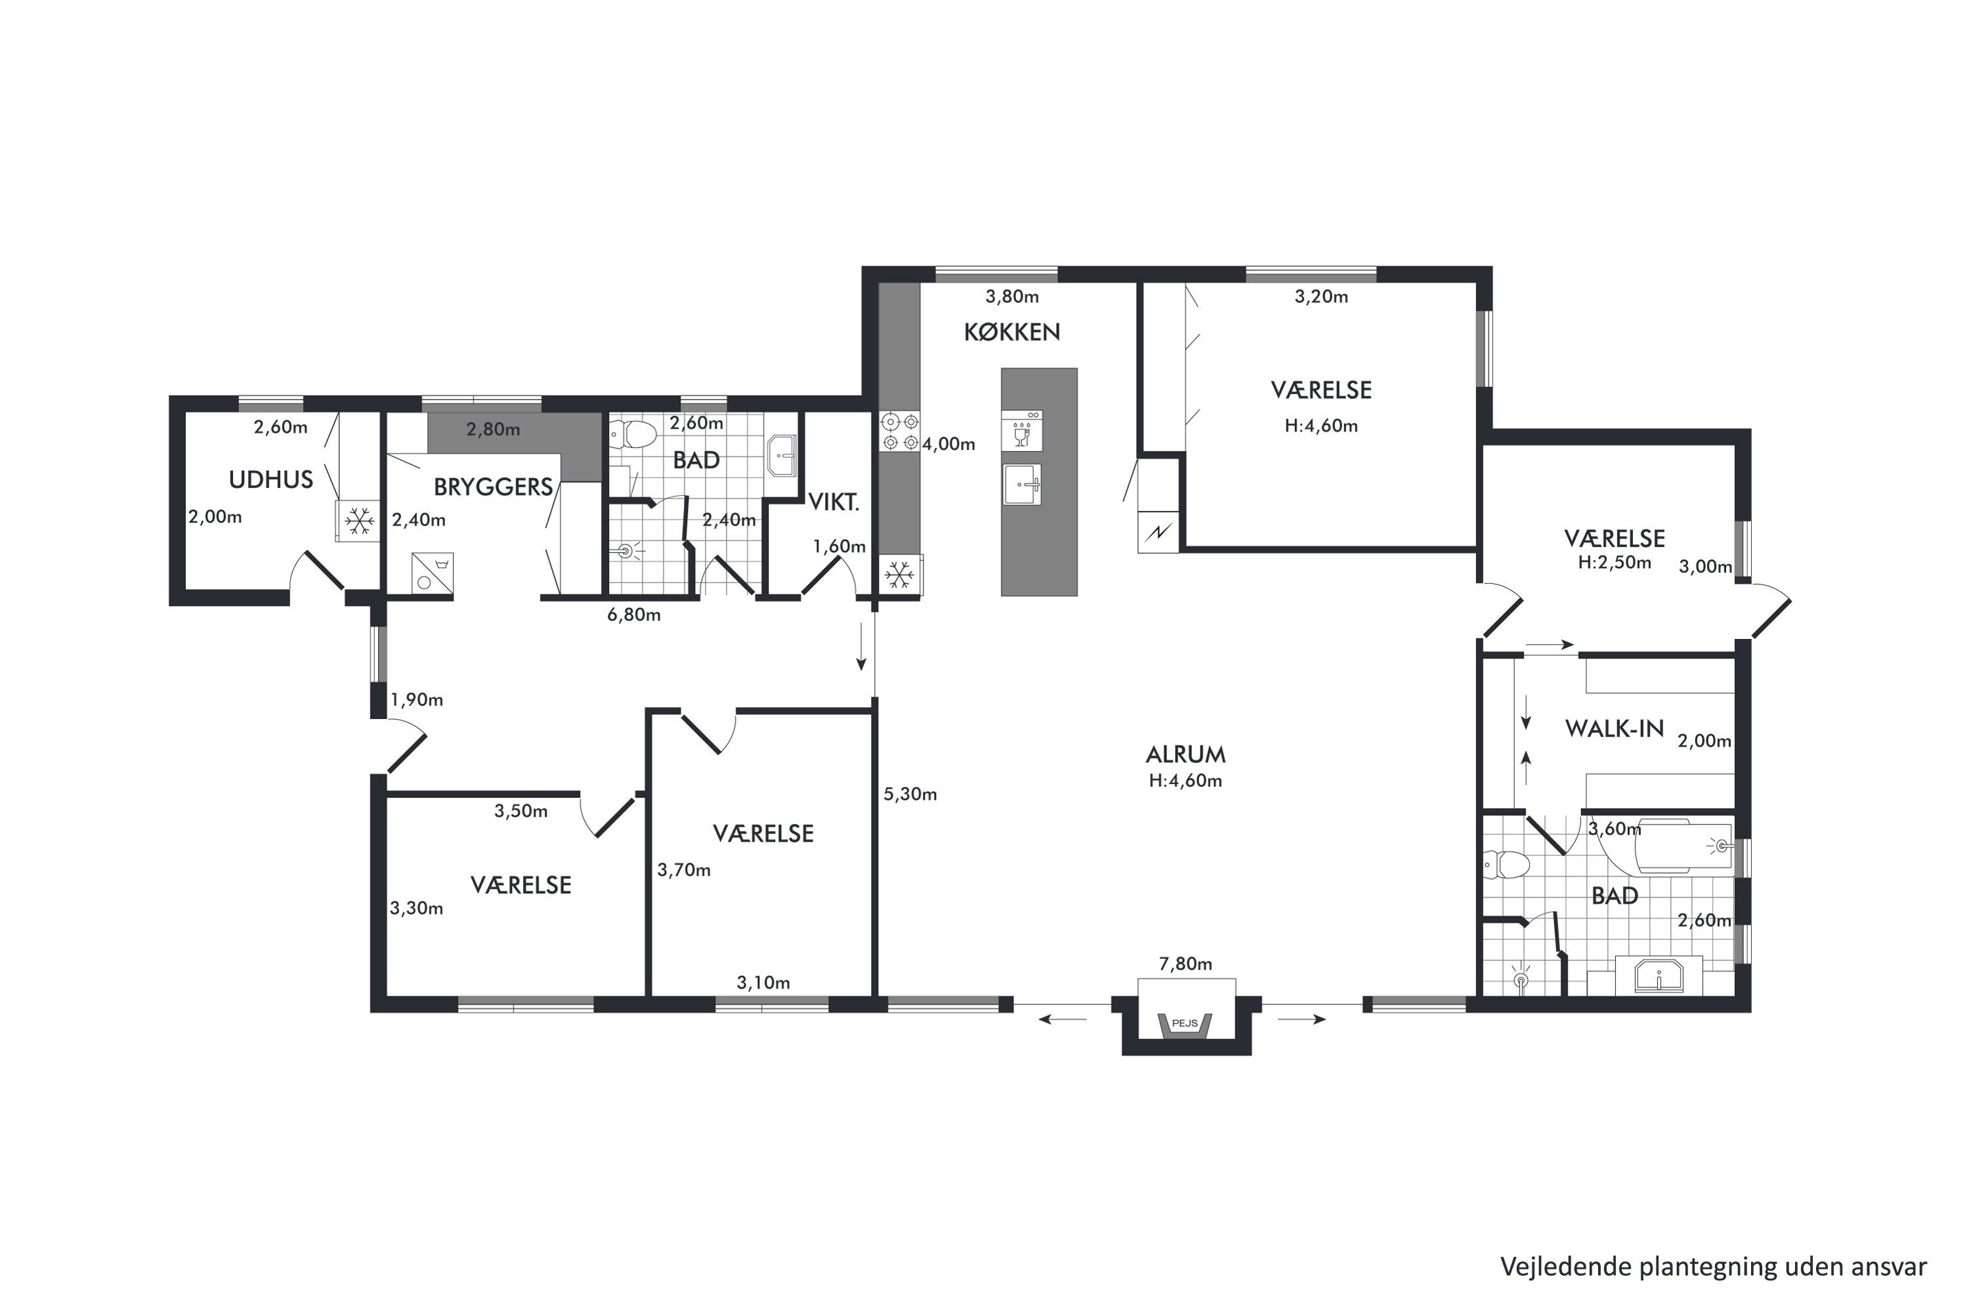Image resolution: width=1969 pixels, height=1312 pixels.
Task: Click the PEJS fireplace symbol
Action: point(1185,1023)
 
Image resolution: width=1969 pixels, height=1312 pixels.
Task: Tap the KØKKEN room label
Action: point(1012,332)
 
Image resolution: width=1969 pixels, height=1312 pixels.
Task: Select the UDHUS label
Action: point(271,480)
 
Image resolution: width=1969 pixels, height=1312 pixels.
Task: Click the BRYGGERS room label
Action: point(493,487)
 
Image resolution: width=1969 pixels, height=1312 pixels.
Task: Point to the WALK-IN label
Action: point(1615,729)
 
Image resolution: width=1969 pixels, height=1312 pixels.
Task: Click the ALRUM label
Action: point(1185,755)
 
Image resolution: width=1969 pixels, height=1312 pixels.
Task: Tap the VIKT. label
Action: point(834,502)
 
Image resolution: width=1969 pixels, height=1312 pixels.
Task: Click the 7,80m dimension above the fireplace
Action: point(1185,964)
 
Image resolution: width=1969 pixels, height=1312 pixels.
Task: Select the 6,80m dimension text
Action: point(634,615)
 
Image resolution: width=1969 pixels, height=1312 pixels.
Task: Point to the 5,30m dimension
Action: point(910,794)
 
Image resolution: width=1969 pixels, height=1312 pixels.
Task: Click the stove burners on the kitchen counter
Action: point(900,432)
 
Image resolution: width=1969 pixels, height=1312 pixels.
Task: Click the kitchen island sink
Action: point(1022,485)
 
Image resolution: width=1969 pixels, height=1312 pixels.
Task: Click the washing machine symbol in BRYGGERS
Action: point(432,573)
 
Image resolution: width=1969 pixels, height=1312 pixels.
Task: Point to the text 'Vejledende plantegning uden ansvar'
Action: point(1713,1267)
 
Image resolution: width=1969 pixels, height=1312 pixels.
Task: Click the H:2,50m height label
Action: point(1614,562)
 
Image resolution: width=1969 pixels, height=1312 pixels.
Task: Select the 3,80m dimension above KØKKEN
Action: point(1012,297)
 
